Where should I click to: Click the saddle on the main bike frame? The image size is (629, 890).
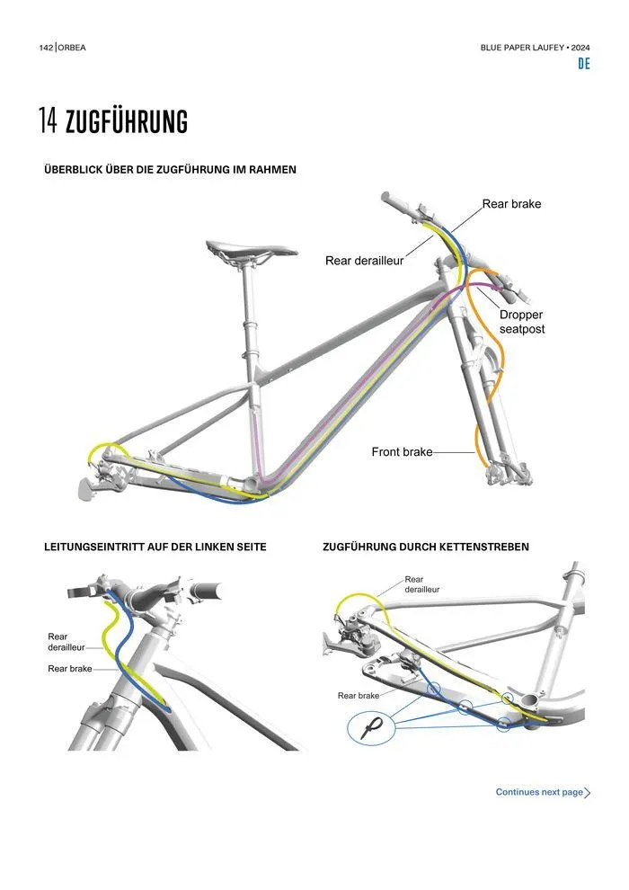pyautogui.click(x=252, y=251)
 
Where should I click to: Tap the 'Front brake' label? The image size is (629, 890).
pyautogui.click(x=403, y=452)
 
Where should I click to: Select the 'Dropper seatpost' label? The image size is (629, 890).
pyautogui.click(x=522, y=322)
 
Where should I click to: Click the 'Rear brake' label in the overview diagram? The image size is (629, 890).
pyautogui.click(x=511, y=204)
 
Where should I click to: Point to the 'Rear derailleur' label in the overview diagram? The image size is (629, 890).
pyautogui.click(x=364, y=261)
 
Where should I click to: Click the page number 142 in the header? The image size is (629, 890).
pyautogui.click(x=46, y=48)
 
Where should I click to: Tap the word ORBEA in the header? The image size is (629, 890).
pyautogui.click(x=72, y=48)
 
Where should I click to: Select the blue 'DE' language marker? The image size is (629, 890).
pyautogui.click(x=584, y=64)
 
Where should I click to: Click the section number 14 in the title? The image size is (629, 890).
pyautogui.click(x=49, y=120)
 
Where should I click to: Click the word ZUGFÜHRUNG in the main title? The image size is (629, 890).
pyautogui.click(x=127, y=120)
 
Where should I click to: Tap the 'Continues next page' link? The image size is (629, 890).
pyautogui.click(x=539, y=792)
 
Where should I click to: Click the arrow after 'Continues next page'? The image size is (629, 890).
pyautogui.click(x=588, y=792)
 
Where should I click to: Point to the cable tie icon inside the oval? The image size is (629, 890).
pyautogui.click(x=371, y=727)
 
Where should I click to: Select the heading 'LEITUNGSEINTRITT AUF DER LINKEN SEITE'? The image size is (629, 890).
pyautogui.click(x=155, y=547)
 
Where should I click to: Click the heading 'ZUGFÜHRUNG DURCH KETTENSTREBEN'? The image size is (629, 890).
pyautogui.click(x=426, y=547)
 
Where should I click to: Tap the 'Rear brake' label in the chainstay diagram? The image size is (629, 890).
pyautogui.click(x=359, y=695)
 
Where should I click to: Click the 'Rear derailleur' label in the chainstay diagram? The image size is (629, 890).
pyautogui.click(x=422, y=584)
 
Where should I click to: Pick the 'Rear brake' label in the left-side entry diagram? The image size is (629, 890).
pyautogui.click(x=70, y=669)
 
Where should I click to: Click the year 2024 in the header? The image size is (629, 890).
pyautogui.click(x=580, y=48)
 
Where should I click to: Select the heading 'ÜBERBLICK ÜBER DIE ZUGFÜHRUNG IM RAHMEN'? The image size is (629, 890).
pyautogui.click(x=170, y=170)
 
